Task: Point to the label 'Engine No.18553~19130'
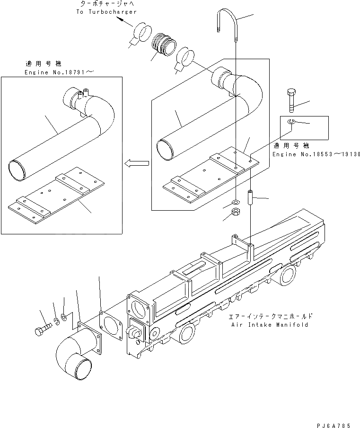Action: pos(316,154)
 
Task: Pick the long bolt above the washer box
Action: pos(291,100)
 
